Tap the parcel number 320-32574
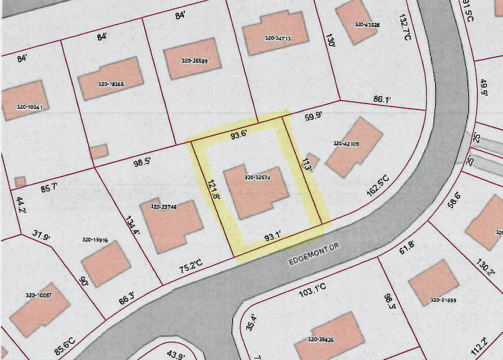(x=258, y=178)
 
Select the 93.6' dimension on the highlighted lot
(x=239, y=135)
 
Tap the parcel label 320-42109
(x=346, y=144)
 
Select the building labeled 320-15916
(x=106, y=263)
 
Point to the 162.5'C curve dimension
(x=378, y=187)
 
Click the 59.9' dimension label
(x=313, y=117)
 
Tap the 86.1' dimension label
(x=382, y=99)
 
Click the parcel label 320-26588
(x=195, y=61)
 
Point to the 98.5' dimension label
(x=142, y=162)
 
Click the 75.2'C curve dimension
(x=191, y=267)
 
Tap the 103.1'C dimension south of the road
(x=313, y=290)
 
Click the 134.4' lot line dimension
(x=133, y=227)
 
